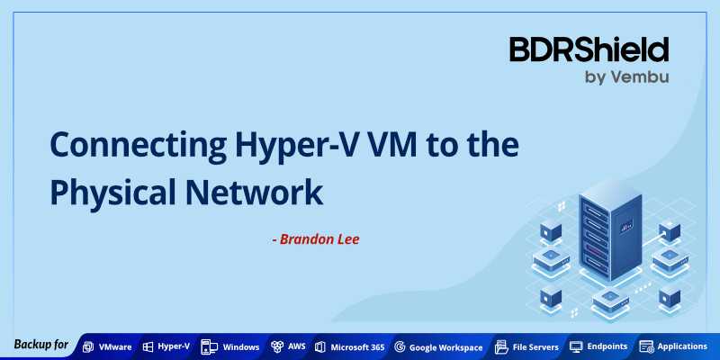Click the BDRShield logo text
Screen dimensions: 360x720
pos(589,49)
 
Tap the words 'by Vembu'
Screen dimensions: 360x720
pos(625,77)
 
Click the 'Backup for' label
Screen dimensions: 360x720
pos(40,346)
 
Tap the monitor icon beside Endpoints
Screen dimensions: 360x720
pos(576,346)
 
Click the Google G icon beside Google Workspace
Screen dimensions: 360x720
pos(400,346)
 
